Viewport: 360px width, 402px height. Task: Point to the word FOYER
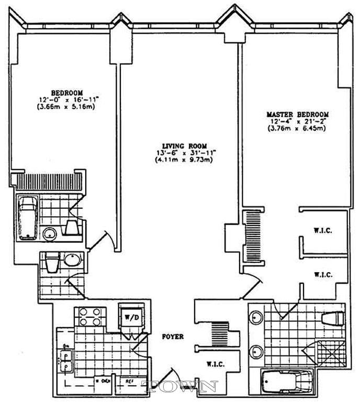173,337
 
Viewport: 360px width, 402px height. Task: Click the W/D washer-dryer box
129,316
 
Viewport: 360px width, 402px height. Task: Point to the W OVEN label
101,381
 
